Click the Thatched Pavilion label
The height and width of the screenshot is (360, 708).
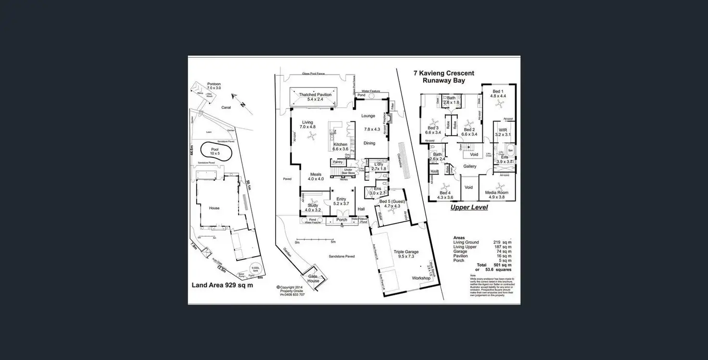(x=315, y=95)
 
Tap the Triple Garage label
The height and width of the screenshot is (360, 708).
(x=406, y=251)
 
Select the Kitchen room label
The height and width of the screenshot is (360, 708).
(x=340, y=144)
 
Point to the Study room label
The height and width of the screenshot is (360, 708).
(x=313, y=205)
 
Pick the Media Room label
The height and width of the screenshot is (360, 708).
(x=496, y=192)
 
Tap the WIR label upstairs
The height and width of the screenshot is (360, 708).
(x=503, y=130)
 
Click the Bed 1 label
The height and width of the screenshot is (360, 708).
(x=498, y=91)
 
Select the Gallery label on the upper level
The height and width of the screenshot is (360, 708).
(x=469, y=166)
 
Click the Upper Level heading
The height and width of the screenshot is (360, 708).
(x=469, y=208)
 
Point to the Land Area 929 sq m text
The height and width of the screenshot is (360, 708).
(x=222, y=285)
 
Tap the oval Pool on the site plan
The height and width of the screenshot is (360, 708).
(x=215, y=152)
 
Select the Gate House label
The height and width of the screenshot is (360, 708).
(x=313, y=279)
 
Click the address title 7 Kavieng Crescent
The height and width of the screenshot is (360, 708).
(x=444, y=74)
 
